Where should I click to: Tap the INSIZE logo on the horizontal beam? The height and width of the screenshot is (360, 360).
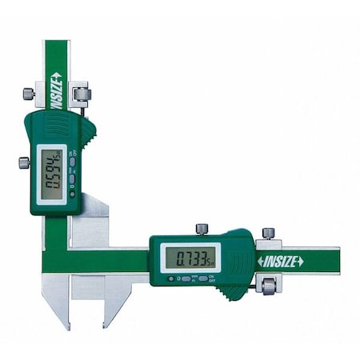(280, 261)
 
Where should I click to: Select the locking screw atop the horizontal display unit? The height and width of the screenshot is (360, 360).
(202, 229)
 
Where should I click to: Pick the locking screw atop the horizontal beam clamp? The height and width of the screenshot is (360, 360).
(268, 232)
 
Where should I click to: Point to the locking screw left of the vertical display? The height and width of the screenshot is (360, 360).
(24, 162)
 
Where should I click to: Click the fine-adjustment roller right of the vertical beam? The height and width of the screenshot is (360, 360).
(82, 94)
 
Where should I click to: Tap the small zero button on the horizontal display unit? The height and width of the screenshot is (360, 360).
(170, 278)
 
